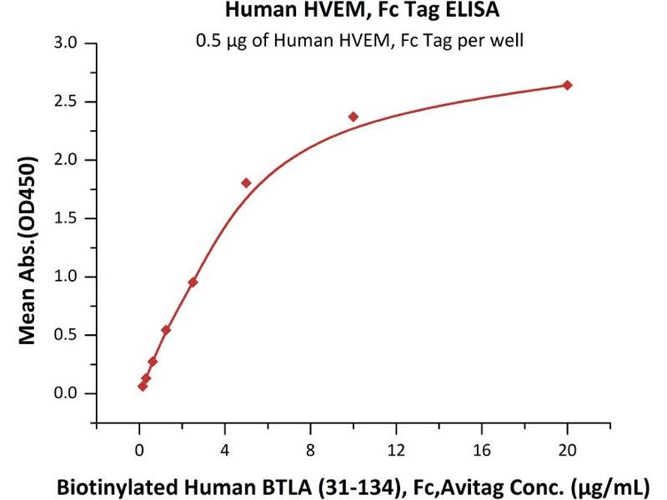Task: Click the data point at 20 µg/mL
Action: (x=568, y=85)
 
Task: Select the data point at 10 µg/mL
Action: (x=354, y=117)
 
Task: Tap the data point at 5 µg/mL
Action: (x=246, y=182)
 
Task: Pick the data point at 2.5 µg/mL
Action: (x=193, y=282)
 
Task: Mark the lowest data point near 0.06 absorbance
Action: (x=143, y=386)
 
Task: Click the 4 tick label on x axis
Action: (x=225, y=451)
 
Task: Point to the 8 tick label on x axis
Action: (x=311, y=451)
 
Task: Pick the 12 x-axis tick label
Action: (x=396, y=451)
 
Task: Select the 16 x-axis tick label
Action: (x=482, y=451)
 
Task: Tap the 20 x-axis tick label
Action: (x=568, y=451)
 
